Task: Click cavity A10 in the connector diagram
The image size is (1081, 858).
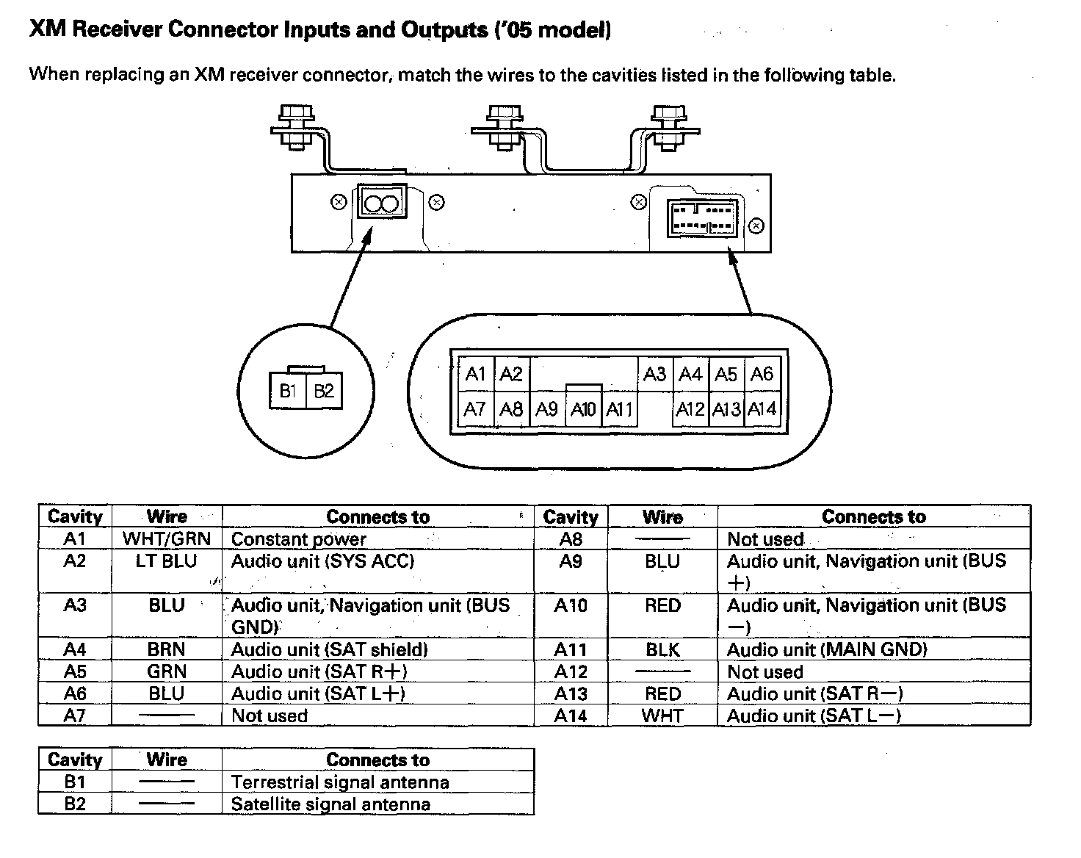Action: pyautogui.click(x=583, y=409)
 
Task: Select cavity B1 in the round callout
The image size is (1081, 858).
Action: pyautogui.click(x=287, y=391)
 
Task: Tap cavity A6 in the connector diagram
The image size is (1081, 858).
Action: pyautogui.click(x=762, y=375)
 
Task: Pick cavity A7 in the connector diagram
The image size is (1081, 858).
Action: pyautogui.click(x=475, y=409)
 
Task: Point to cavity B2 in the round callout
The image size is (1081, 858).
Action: pyautogui.click(x=324, y=391)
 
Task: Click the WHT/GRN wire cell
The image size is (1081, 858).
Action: pyautogui.click(x=167, y=538)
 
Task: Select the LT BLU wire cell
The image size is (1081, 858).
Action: pyautogui.click(x=167, y=561)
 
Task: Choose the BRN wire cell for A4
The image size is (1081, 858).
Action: pyautogui.click(x=167, y=649)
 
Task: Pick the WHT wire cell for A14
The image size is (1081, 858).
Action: pyautogui.click(x=662, y=715)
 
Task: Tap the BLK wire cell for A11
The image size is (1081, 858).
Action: pyautogui.click(x=662, y=649)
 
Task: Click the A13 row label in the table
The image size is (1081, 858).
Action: pyautogui.click(x=571, y=693)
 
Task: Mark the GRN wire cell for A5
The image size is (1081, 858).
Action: pyautogui.click(x=167, y=671)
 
